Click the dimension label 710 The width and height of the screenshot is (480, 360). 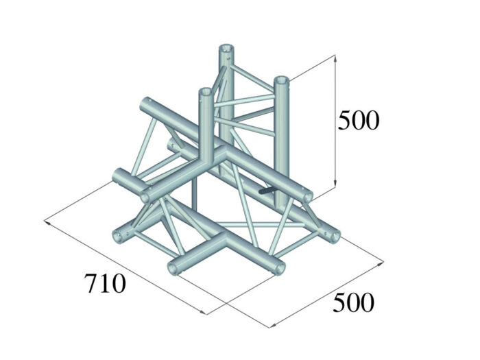[x=105, y=283]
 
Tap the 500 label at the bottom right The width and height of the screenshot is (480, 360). [x=353, y=302]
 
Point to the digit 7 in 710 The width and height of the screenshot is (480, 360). [x=91, y=283]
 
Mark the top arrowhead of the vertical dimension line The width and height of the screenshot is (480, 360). [x=336, y=58]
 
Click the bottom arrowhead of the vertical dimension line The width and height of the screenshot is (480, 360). [x=336, y=182]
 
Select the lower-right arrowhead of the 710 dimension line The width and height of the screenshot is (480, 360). [x=203, y=312]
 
